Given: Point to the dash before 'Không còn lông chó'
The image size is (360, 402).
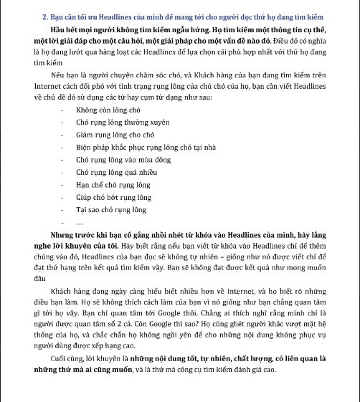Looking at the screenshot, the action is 63,112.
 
